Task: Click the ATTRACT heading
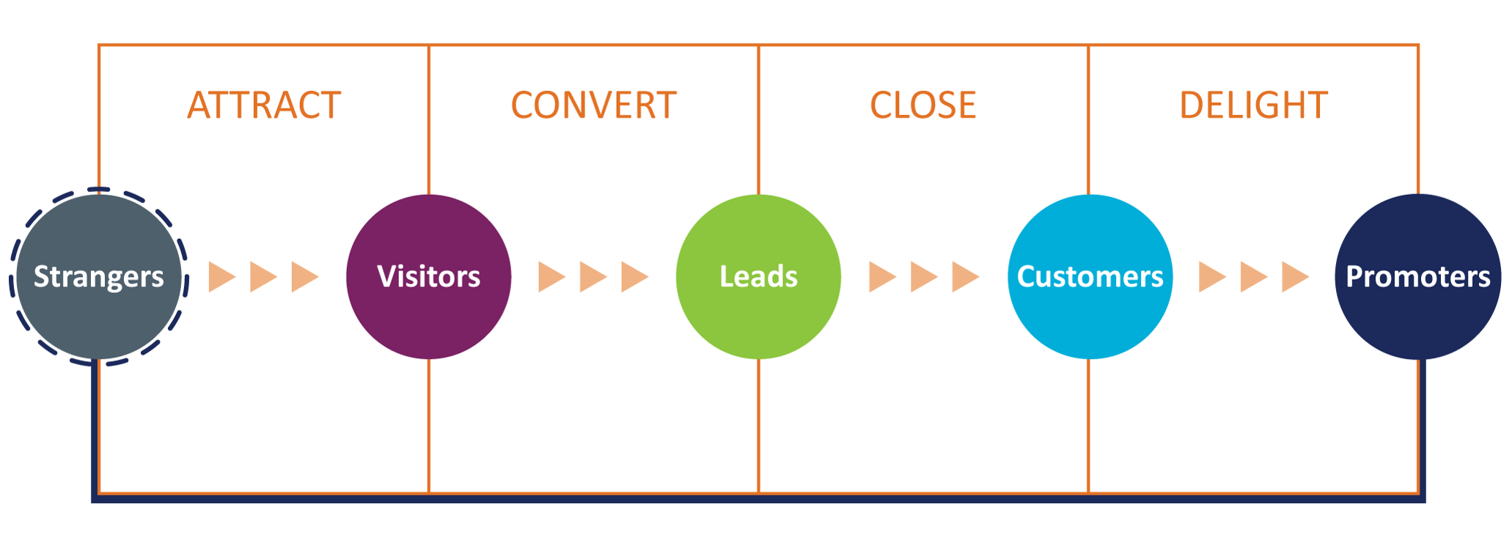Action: tap(264, 105)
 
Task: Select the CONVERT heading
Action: tap(593, 105)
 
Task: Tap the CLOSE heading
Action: tap(922, 105)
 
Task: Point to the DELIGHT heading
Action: tap(1253, 105)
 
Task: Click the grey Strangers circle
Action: tap(98, 277)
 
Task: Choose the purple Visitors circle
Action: tap(428, 277)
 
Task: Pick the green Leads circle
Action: tap(758, 277)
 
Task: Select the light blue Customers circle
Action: tap(1090, 277)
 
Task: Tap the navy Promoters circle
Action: tap(1418, 277)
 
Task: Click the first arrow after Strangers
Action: tap(221, 277)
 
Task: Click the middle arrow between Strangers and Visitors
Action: tap(263, 277)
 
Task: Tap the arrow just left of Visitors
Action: tap(304, 277)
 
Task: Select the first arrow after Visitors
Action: tap(551, 277)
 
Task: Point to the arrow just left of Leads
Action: tap(634, 277)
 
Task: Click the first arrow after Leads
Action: tap(881, 277)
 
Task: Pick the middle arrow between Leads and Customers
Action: tap(923, 277)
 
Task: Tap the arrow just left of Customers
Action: tap(964, 277)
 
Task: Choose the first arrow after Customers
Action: tap(1211, 277)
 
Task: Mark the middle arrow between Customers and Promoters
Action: tap(1253, 277)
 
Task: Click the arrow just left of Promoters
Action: tap(1294, 277)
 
